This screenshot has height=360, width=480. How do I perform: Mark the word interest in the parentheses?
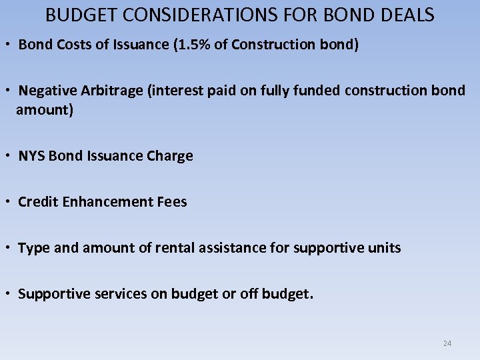175,91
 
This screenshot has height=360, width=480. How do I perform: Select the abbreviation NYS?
31,156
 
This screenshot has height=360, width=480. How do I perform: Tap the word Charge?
170,156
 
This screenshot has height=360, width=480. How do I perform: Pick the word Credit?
38,202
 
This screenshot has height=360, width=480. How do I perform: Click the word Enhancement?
109,202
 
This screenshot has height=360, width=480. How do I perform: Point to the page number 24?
447,343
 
